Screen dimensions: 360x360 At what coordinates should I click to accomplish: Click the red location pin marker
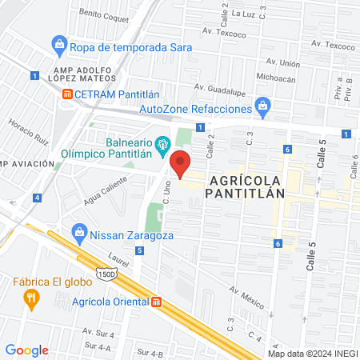[181, 164]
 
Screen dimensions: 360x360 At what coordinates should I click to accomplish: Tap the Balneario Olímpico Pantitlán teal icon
[163, 144]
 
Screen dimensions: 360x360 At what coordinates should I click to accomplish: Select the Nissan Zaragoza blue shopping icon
[78, 233]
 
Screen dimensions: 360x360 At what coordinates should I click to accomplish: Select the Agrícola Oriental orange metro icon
[157, 302]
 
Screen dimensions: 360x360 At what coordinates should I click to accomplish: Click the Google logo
[27, 350]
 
